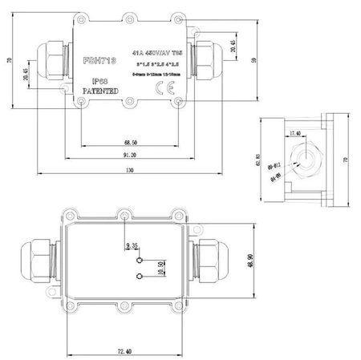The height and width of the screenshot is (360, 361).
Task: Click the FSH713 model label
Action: click(100, 61)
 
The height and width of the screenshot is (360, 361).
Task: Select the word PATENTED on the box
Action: click(101, 91)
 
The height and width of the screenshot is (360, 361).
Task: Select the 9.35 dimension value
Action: click(132, 246)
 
